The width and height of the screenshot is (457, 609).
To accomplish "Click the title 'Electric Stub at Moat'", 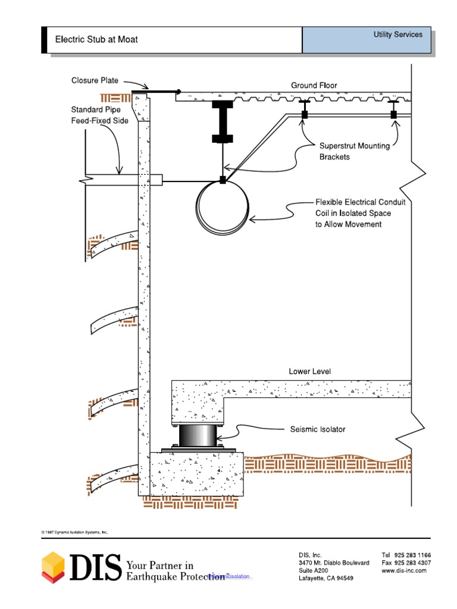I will pyautogui.click(x=96, y=40).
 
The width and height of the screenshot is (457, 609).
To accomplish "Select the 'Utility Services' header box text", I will pyautogui.click(x=397, y=34).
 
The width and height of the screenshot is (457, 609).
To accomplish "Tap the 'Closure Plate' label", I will pyautogui.click(x=95, y=80).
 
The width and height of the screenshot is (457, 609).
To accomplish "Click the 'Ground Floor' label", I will pyautogui.click(x=314, y=86).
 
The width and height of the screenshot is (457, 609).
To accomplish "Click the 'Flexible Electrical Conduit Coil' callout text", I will pyautogui.click(x=361, y=214).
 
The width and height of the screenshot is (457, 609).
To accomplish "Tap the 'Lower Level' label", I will pyautogui.click(x=309, y=372).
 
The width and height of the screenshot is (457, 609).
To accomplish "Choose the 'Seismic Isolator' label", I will pyautogui.click(x=317, y=429).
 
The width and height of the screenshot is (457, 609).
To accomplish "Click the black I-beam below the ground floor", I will pyautogui.click(x=221, y=122).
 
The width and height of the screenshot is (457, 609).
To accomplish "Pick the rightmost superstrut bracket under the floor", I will pyautogui.click(x=393, y=112).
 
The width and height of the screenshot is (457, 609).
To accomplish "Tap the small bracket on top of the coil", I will pyautogui.click(x=222, y=180).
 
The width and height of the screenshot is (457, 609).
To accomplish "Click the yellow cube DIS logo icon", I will pyautogui.click(x=53, y=566).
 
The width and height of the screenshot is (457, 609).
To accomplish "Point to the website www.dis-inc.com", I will pyautogui.click(x=404, y=570).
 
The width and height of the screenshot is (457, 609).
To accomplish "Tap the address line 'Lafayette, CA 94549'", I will pyautogui.click(x=325, y=578).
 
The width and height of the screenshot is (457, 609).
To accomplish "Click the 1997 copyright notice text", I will pyautogui.click(x=74, y=532).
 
